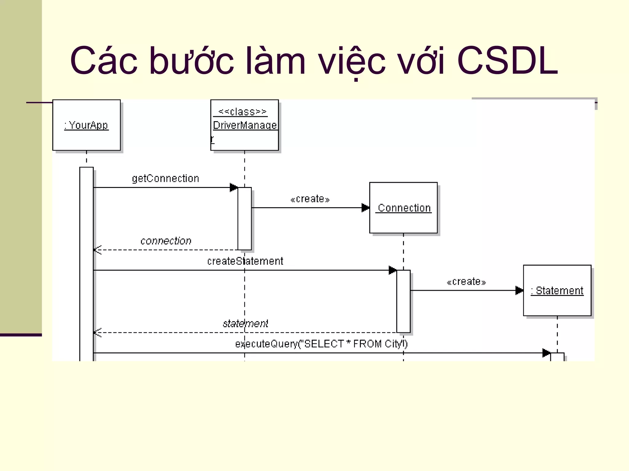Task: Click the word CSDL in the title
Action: click(507, 61)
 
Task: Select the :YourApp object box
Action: click(86, 125)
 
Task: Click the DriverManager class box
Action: click(244, 125)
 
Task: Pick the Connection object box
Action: click(403, 208)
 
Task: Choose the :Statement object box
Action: click(557, 290)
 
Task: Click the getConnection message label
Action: click(166, 178)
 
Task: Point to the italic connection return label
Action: click(166, 241)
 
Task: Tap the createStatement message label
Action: click(245, 261)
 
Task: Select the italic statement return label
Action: click(245, 324)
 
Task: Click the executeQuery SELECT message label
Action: click(321, 344)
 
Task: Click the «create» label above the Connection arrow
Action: click(310, 199)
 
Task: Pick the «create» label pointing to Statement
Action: click(466, 282)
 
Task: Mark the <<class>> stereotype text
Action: click(242, 112)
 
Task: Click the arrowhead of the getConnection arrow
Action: click(234, 187)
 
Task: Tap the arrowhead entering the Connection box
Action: click(365, 208)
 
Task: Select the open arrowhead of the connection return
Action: click(97, 250)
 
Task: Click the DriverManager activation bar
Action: click(244, 218)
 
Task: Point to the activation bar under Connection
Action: click(403, 301)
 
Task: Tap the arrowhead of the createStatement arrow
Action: click(393, 270)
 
